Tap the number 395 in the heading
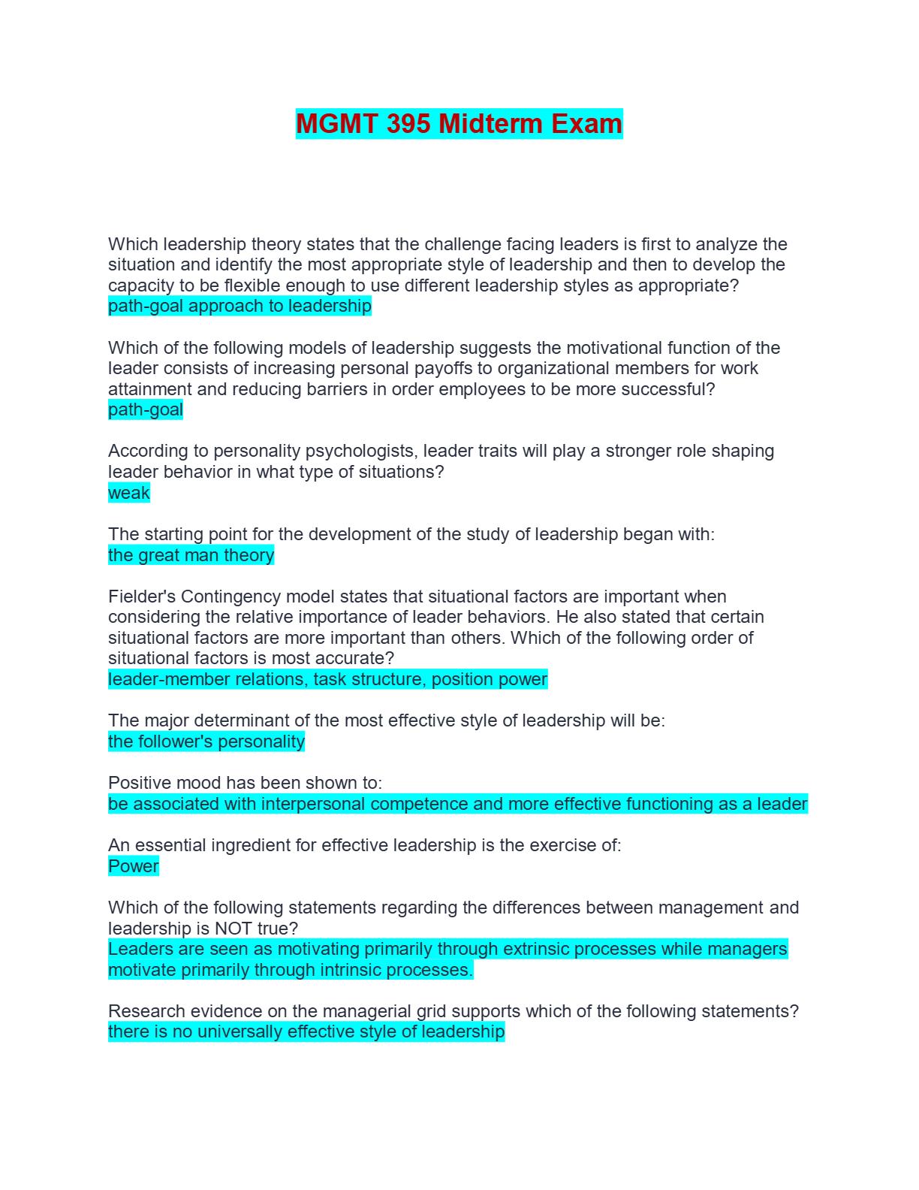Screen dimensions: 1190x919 pyautogui.click(x=408, y=123)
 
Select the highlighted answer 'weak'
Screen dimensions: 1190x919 pyautogui.click(x=129, y=493)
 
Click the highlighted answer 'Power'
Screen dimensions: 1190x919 pyautogui.click(x=134, y=866)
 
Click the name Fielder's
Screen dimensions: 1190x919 pyautogui.click(x=142, y=597)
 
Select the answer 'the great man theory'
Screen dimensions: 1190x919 pyautogui.click(x=191, y=555)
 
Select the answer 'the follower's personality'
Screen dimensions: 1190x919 pyautogui.click(x=206, y=741)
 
